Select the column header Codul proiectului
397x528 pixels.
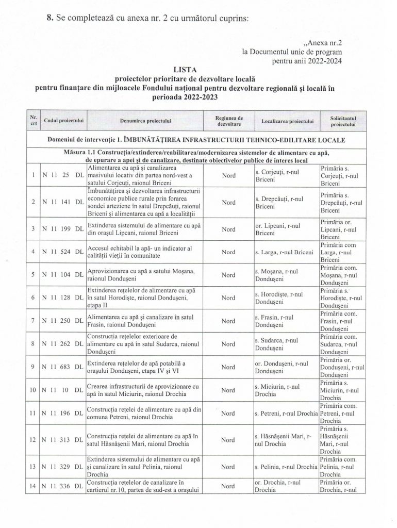[x=64, y=121]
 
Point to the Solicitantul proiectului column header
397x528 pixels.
[x=343, y=121]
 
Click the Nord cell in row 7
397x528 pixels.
[x=228, y=321]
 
